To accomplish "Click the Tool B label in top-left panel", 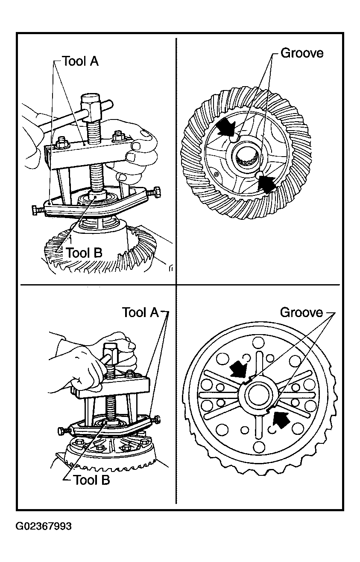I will tap(84, 253).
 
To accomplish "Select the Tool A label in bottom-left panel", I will tap(140, 312).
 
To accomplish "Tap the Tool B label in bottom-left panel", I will tap(91, 480).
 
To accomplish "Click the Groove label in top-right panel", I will tap(301, 53).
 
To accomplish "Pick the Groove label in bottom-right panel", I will tap(301, 313).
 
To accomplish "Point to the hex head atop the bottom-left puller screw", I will tap(112, 352).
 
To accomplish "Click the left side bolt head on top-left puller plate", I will tap(37, 210).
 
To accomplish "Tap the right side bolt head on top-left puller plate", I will tap(155, 192).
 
